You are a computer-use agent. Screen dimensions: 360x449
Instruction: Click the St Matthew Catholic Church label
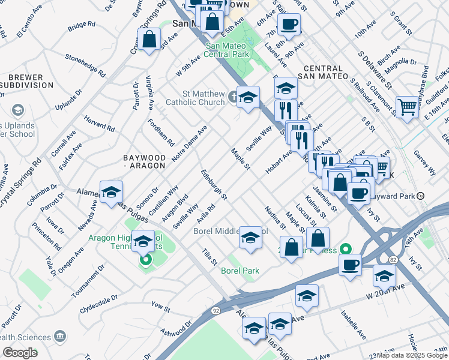[203, 98]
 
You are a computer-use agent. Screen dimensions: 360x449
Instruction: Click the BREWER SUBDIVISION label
[25, 81]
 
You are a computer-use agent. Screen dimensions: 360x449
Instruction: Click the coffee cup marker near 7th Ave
[289, 24]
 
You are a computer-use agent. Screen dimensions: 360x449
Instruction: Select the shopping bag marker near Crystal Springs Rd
[149, 40]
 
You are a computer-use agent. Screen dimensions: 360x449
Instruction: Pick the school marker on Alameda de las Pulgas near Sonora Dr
[111, 192]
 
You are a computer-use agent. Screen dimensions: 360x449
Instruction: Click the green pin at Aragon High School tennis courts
[145, 260]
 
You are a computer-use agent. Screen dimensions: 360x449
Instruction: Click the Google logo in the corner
[20, 353]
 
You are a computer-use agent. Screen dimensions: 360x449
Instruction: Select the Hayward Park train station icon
[421, 196]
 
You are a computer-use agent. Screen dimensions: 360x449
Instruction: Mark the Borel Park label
[240, 271]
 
